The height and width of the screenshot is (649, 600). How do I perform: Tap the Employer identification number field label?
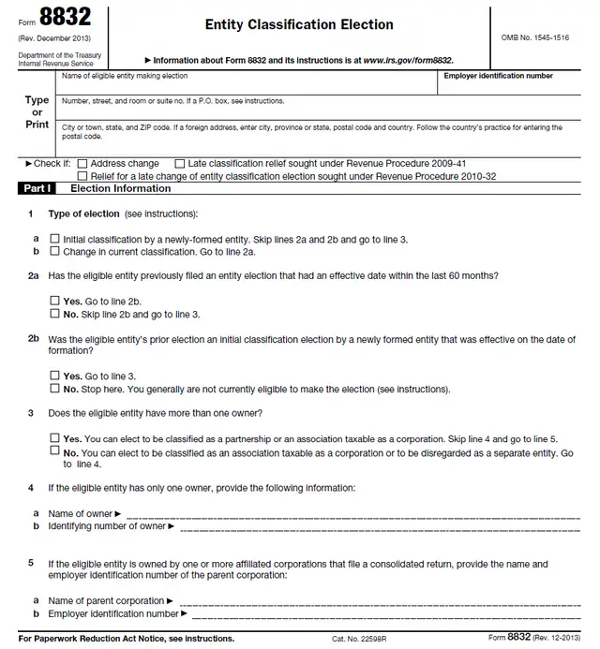[x=498, y=76]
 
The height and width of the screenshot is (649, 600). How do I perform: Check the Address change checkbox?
[x=82, y=164]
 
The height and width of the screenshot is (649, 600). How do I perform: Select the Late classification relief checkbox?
[x=180, y=164]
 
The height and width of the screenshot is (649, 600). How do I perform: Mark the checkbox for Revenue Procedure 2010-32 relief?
[x=82, y=175]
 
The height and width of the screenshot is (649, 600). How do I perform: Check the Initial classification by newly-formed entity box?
[x=54, y=239]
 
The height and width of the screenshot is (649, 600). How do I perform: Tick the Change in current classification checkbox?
[x=54, y=251]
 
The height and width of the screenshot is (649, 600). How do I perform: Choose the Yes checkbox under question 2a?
[x=54, y=302]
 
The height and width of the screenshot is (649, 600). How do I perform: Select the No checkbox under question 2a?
[x=54, y=314]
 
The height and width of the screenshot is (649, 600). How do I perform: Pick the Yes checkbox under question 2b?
[x=54, y=376]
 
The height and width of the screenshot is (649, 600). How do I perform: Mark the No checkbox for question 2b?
[x=54, y=388]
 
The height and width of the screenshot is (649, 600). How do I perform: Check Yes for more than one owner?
[x=54, y=438]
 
